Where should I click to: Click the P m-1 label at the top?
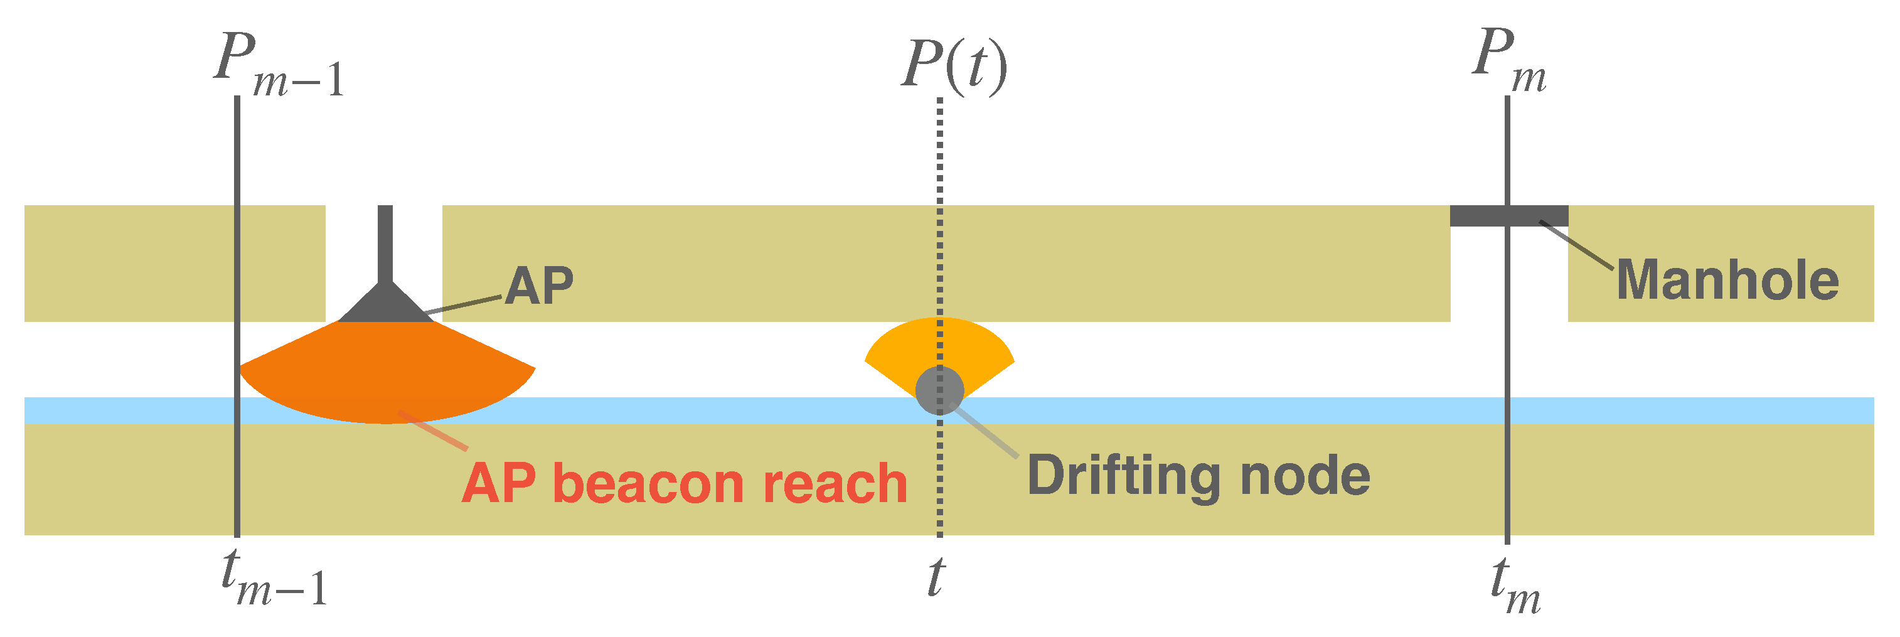point(279,67)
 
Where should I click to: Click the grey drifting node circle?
point(939,390)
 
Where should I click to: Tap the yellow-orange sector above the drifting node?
point(939,341)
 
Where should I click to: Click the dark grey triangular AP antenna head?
point(385,306)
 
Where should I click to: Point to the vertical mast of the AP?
point(385,244)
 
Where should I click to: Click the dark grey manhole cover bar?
point(1508,215)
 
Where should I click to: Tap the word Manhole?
point(1727,281)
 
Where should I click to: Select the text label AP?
point(539,286)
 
